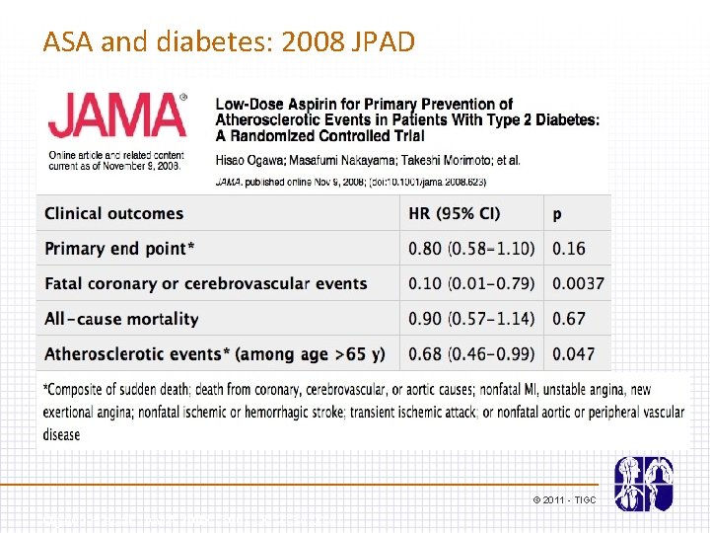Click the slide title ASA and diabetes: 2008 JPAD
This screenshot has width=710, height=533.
pyautogui.click(x=229, y=41)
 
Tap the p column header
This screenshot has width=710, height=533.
pyautogui.click(x=557, y=213)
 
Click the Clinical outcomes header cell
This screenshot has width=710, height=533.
pyautogui.click(x=114, y=213)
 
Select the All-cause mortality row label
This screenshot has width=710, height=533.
pyautogui.click(x=121, y=319)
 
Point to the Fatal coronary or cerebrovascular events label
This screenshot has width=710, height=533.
pyautogui.click(x=206, y=284)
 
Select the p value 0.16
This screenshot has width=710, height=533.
pyautogui.click(x=569, y=249)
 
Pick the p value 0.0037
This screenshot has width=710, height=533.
pyautogui.click(x=578, y=284)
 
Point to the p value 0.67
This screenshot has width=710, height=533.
pyautogui.click(x=569, y=319)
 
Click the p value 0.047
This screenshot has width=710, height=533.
pyautogui.click(x=574, y=353)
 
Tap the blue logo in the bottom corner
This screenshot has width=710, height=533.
pyautogui.click(x=643, y=484)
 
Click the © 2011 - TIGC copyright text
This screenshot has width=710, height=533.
pyautogui.click(x=565, y=500)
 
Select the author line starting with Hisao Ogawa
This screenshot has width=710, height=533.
pyautogui.click(x=368, y=160)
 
